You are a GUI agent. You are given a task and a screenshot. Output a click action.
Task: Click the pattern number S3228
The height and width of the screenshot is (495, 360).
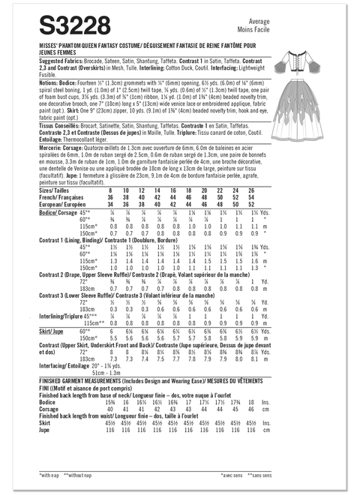point(70,28)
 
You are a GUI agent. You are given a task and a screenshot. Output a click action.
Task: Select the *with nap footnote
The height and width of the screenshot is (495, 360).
point(49,476)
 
